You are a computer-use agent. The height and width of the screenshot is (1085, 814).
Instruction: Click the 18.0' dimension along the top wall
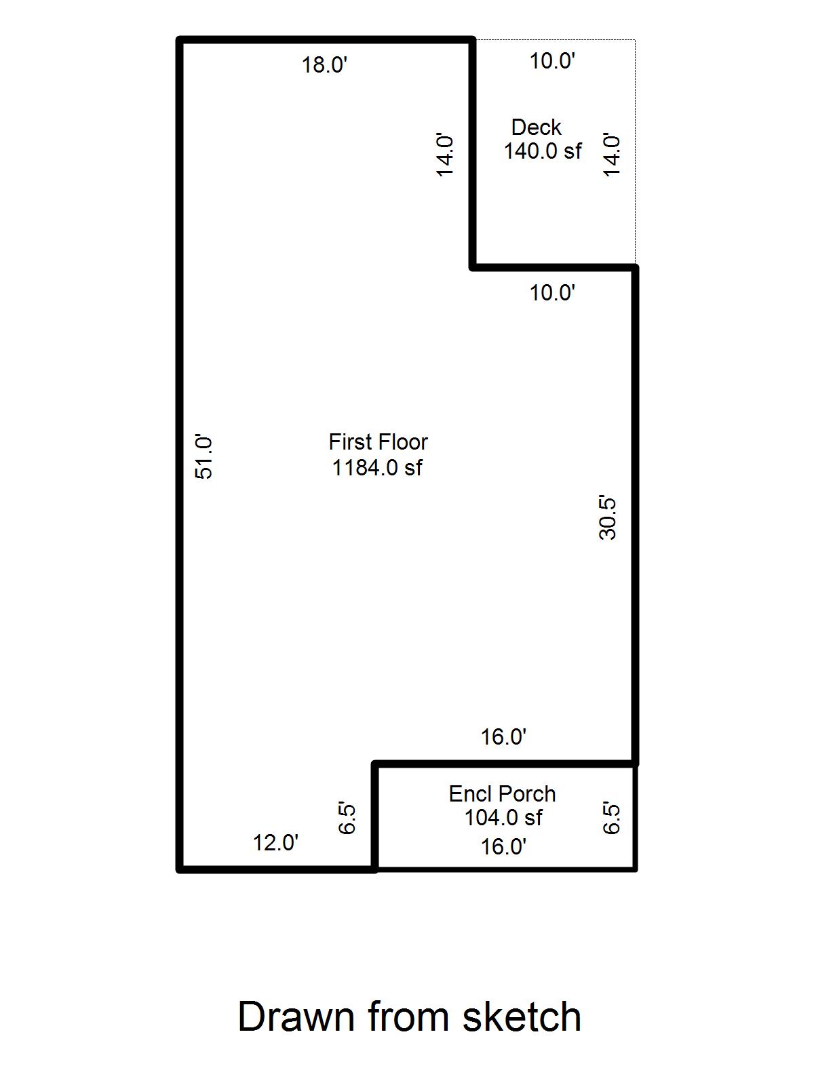[x=324, y=66]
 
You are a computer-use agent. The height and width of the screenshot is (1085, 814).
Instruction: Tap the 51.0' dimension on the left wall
[x=204, y=457]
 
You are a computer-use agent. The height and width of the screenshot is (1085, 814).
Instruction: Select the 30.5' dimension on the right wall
[x=608, y=518]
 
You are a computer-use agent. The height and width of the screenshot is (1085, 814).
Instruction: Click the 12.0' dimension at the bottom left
[x=275, y=843]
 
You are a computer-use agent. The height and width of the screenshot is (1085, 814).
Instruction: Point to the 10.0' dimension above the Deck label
[x=552, y=61]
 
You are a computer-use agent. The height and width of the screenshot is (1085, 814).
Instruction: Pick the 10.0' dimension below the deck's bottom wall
[x=552, y=293]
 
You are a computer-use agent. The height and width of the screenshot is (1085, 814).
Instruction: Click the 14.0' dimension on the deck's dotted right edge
[x=612, y=155]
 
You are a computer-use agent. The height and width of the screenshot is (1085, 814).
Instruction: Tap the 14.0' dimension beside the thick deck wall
[x=444, y=155]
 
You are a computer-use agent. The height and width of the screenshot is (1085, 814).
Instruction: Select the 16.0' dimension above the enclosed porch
[x=503, y=736]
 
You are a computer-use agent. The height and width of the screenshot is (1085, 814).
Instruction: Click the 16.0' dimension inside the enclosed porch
[x=503, y=846]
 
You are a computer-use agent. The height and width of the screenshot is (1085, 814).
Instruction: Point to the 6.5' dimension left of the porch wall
[x=347, y=818]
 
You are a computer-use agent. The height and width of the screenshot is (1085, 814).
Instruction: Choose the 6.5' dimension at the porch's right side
[x=611, y=818]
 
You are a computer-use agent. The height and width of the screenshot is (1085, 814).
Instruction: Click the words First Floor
[x=378, y=442]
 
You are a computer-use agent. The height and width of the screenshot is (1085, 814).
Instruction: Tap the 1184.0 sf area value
[x=377, y=468]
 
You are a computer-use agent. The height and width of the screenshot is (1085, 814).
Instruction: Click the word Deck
[x=536, y=127]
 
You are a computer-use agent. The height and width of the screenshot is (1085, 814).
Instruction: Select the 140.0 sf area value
[x=542, y=151]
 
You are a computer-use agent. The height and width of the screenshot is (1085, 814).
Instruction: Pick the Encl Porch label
[x=502, y=793]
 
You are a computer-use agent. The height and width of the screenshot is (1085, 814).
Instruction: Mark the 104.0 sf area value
[x=503, y=818]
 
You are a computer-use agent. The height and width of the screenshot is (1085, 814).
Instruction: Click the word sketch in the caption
[x=522, y=1017]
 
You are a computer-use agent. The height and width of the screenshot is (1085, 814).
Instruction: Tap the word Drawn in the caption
[x=296, y=1017]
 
